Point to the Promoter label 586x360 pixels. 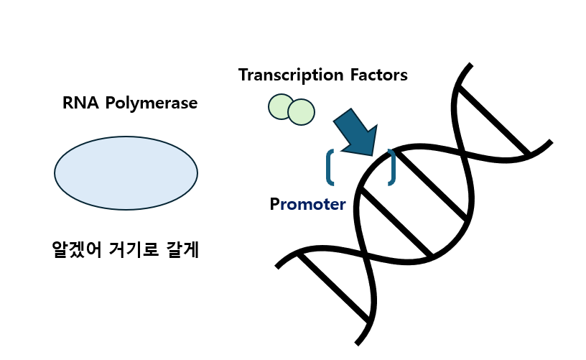308,204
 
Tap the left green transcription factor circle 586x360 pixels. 279,107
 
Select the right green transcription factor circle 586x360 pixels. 302,111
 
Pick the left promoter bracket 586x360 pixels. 330,167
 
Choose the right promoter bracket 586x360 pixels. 391,167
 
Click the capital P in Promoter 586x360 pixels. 274,204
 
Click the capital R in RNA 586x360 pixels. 68,103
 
